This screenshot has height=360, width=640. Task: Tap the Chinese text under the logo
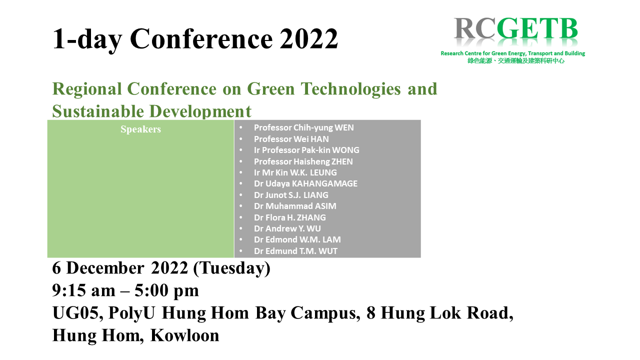516,61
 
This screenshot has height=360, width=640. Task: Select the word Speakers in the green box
140,129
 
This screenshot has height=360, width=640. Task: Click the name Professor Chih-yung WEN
303,127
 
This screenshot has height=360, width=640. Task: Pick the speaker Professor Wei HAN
291,139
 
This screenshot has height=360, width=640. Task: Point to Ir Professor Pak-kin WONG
306,150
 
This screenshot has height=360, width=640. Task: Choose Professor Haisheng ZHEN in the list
303,161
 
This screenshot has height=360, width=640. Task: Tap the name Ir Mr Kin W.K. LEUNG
295,172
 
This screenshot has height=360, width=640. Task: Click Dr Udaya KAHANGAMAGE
305,183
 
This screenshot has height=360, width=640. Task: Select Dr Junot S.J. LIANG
291,195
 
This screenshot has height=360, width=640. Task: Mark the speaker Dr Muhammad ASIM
295,206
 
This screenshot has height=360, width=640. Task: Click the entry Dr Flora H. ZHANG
289,217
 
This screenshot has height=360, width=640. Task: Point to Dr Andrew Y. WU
287,228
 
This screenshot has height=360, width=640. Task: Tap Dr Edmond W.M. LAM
297,239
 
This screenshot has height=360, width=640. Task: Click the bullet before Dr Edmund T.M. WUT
241,251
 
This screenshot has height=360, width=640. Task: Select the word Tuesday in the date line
231,268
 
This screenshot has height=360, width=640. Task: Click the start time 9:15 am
83,290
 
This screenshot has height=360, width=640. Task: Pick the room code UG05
77,313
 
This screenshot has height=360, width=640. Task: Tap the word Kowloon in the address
185,335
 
